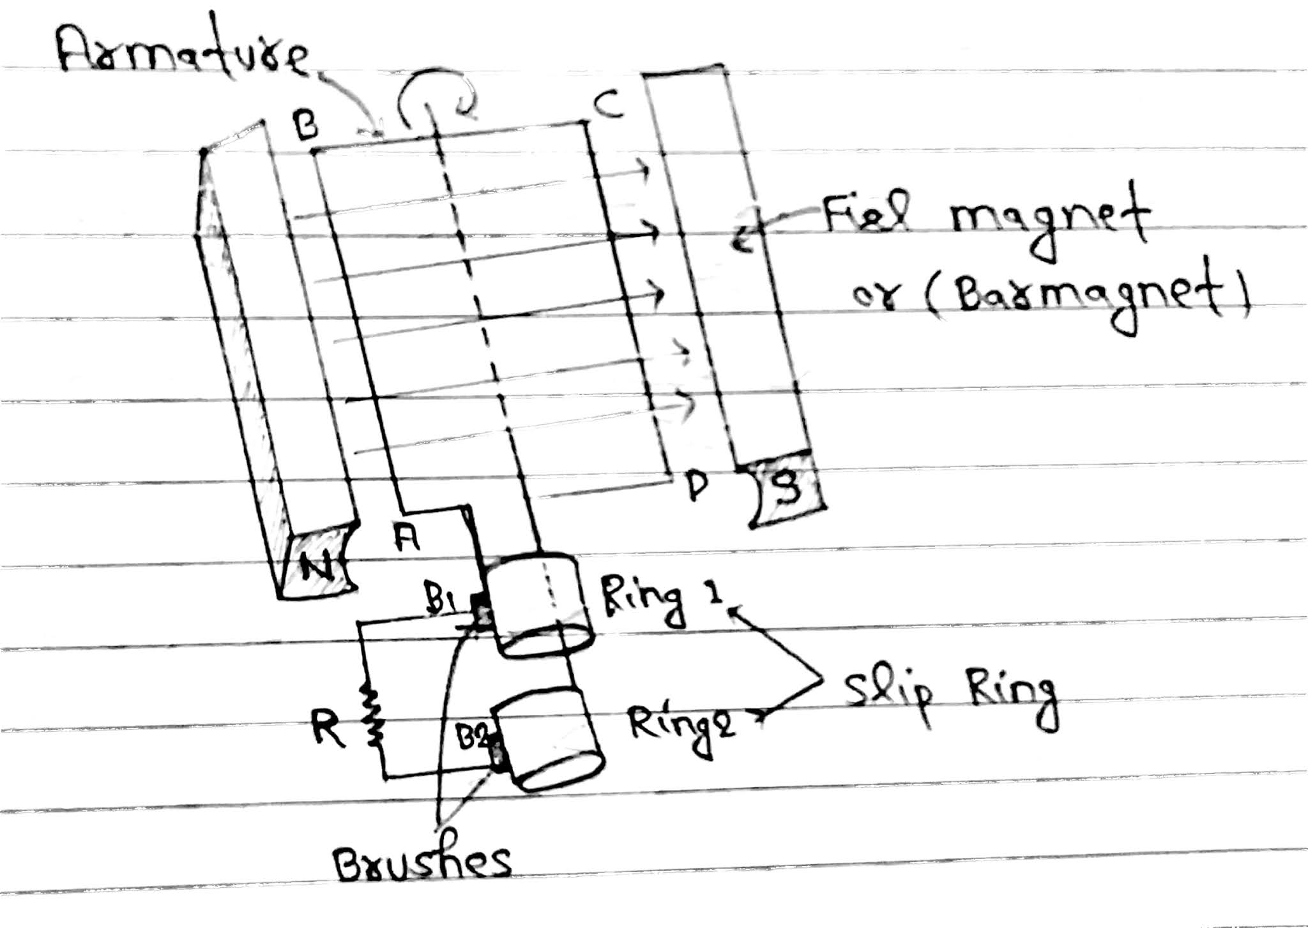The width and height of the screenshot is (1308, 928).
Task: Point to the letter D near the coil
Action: tap(697, 486)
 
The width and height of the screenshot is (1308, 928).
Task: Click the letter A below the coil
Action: tap(407, 540)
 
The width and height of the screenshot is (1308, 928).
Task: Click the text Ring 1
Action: tap(661, 602)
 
